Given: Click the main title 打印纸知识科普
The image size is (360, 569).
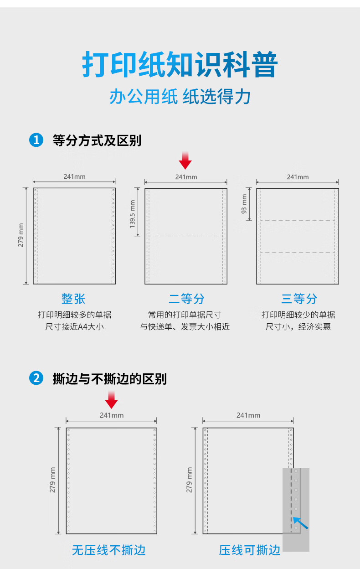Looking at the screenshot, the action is coord(180,64).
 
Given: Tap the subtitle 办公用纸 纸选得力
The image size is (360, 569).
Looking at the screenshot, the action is coord(180,97).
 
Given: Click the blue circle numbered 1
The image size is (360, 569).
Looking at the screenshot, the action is coord(36,140).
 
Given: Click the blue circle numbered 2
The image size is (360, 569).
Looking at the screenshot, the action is coord(36,378).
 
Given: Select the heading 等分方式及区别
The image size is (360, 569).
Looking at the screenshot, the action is coord(97,140).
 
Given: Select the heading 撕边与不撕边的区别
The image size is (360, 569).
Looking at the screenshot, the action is coord(110,379).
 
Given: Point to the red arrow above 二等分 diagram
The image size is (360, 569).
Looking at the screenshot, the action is coord(185,160).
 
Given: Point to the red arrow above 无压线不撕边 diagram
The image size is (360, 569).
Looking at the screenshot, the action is coord(111,399).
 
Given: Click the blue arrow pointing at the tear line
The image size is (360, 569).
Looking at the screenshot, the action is coord(300,523).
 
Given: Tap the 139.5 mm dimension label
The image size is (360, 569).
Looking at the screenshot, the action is coord(132,214).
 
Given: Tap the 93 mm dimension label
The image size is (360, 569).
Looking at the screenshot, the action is coord(244,204).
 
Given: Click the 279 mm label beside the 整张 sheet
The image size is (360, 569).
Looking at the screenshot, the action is coord(21,235).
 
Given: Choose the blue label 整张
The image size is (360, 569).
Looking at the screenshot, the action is coord(73,299).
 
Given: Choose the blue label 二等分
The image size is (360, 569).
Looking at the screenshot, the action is coord(186,299).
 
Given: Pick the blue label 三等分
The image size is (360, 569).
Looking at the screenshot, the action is coord(299,299).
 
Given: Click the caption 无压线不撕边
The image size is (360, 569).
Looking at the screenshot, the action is coord(108,550).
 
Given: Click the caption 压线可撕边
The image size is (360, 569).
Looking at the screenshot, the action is coord(250,550).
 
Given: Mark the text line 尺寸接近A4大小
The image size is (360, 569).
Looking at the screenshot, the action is coord(74,326).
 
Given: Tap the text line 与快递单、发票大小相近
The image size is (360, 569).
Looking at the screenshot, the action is coord(185,326).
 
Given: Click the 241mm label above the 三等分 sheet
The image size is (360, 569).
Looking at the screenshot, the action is coord(298,177).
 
